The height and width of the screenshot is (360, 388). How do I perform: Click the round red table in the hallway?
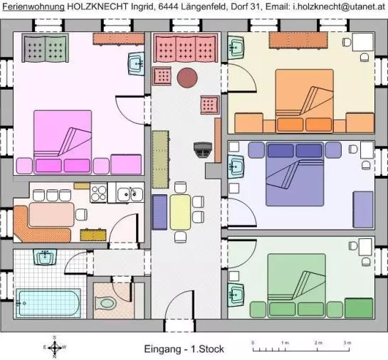(x=187, y=78)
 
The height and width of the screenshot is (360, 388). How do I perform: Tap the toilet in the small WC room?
(x=105, y=303)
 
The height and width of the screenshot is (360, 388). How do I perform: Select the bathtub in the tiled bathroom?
(x=48, y=303)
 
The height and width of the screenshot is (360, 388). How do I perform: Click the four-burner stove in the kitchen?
(x=98, y=193)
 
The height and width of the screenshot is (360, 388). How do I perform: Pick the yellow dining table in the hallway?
(x=180, y=212)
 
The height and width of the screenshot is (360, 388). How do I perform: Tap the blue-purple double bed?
(x=295, y=174)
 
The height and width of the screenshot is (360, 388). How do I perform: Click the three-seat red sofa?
(x=186, y=48)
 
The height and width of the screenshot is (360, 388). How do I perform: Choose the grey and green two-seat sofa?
(x=45, y=48)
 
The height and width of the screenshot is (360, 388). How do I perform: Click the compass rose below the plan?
(x=55, y=347)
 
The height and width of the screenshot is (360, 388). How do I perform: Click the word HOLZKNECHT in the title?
(x=98, y=6)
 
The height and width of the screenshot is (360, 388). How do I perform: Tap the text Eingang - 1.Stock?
(x=184, y=349)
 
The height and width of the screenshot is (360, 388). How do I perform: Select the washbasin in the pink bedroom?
(x=136, y=63)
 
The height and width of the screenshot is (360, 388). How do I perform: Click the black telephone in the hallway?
(x=203, y=149)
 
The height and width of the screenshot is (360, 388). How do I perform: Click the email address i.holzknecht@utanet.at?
(x=340, y=6)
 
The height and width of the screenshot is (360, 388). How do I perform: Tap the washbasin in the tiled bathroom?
(x=45, y=257)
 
